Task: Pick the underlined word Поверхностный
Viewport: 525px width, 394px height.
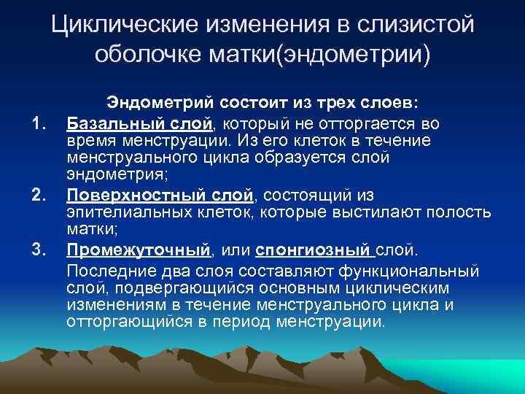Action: click(x=124, y=195)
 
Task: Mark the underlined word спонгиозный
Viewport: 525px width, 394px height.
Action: click(x=312, y=252)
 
